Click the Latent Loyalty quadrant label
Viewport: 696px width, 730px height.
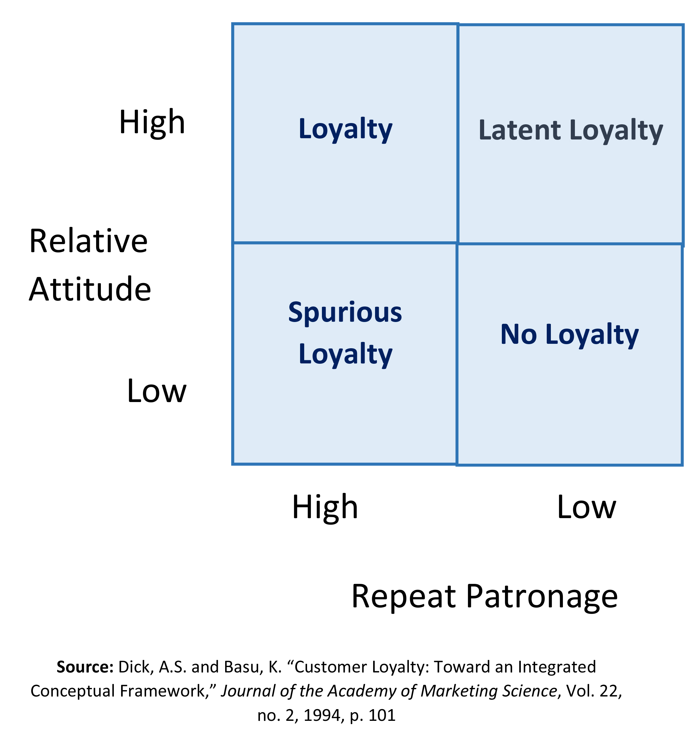tap(570, 131)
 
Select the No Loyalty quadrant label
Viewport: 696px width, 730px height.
tap(570, 335)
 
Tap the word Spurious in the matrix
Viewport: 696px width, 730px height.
tap(345, 312)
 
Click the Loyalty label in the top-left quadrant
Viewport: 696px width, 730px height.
tap(345, 129)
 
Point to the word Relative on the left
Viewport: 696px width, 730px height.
tap(89, 241)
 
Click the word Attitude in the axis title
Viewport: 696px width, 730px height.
tap(90, 289)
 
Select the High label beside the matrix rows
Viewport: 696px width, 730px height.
tap(152, 122)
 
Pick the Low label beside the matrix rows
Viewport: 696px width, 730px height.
tap(157, 391)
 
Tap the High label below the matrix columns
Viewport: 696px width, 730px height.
tap(325, 507)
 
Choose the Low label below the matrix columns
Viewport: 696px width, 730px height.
tap(587, 507)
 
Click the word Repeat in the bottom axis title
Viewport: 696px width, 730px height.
tap(403, 597)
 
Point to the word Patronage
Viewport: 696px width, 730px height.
tap(542, 597)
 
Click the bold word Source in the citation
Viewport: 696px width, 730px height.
tap(84, 667)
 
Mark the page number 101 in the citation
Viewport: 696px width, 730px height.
tap(382, 715)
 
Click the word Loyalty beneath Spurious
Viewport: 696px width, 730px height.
tap(345, 355)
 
